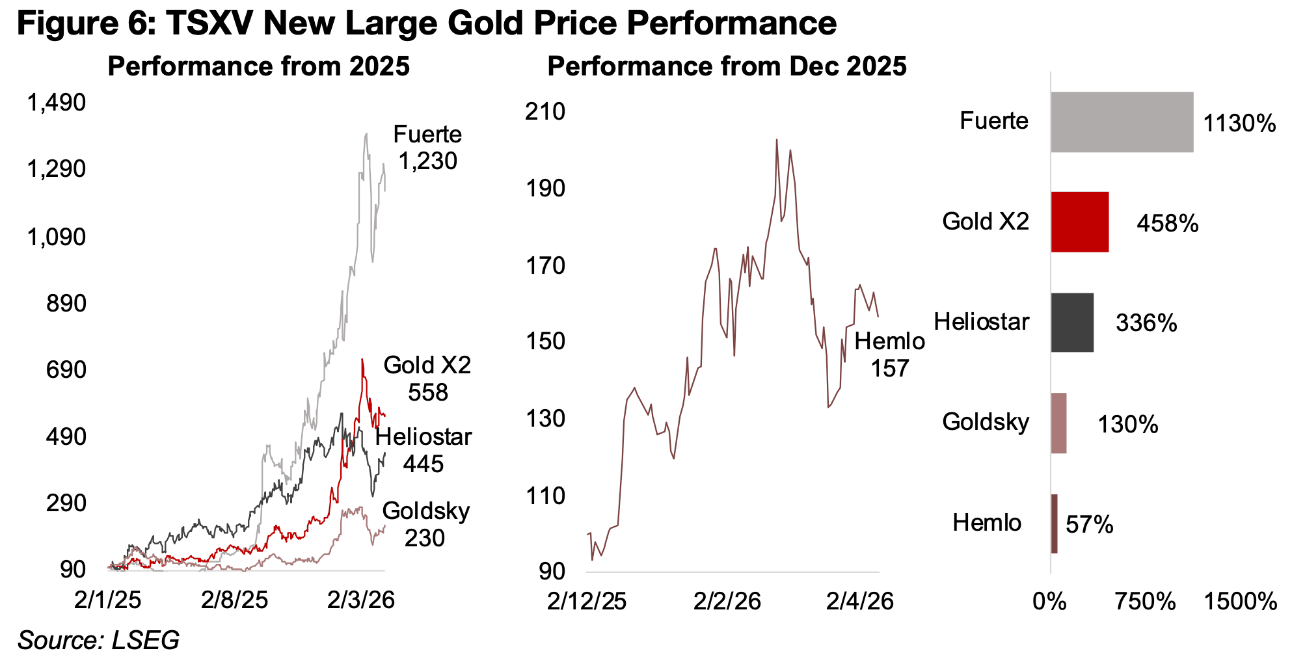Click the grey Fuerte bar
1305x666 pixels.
pyautogui.click(x=1122, y=122)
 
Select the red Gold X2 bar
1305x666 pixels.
pyautogui.click(x=1079, y=222)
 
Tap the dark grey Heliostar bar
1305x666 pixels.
pyautogui.click(x=1071, y=323)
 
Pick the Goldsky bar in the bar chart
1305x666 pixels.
pyautogui.click(x=1058, y=423)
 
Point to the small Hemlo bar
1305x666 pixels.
pyautogui.click(x=1054, y=524)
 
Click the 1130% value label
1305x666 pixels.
pyautogui.click(x=1239, y=123)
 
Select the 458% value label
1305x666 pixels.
pyautogui.click(x=1167, y=224)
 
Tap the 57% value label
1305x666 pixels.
pyautogui.click(x=1090, y=524)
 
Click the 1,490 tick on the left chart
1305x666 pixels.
pyautogui.click(x=56, y=102)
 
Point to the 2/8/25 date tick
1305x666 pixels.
pyautogui.click(x=234, y=600)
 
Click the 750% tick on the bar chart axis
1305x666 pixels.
pyautogui.click(x=1145, y=602)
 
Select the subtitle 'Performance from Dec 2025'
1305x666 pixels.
pyautogui.click(x=727, y=66)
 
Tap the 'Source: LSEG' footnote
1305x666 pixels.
pyautogui.click(x=98, y=640)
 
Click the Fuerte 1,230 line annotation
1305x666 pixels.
pyautogui.click(x=427, y=148)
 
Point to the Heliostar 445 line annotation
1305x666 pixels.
pyautogui.click(x=424, y=450)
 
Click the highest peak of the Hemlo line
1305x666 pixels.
pyautogui.click(x=776, y=139)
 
